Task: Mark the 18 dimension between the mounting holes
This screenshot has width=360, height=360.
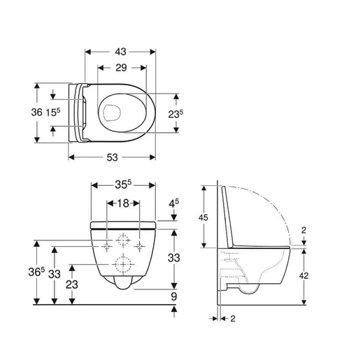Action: [x=124, y=203]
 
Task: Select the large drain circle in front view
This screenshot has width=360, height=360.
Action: [x=124, y=265]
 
